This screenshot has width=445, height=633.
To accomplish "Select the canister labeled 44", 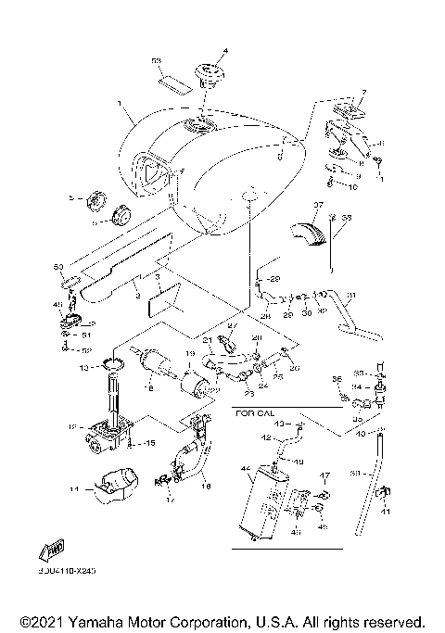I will point(259,500).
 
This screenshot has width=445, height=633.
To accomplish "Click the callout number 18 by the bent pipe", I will point(206,485).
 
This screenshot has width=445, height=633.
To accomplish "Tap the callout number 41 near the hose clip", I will point(388,512).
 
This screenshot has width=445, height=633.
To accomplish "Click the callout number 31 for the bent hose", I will point(351,297).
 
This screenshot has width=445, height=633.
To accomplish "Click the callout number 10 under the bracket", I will point(352,186).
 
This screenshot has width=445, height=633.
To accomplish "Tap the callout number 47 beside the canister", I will point(324,475).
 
